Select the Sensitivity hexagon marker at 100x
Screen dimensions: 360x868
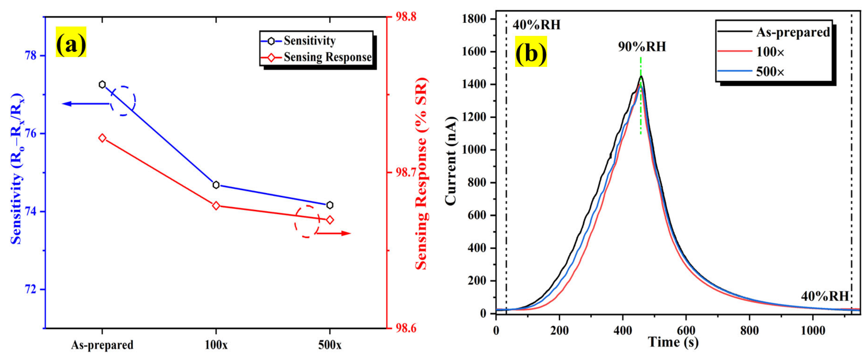click(x=216, y=185)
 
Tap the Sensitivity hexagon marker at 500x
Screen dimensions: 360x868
click(x=330, y=205)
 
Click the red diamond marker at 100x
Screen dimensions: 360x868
click(x=216, y=206)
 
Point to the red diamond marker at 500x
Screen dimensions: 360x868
click(x=330, y=220)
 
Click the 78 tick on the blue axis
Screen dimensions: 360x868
click(x=31, y=56)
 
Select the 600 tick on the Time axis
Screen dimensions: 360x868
click(x=686, y=330)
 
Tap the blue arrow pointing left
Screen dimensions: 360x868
click(x=84, y=104)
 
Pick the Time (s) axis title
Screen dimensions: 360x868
click(x=673, y=342)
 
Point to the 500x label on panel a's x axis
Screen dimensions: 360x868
click(x=330, y=345)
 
